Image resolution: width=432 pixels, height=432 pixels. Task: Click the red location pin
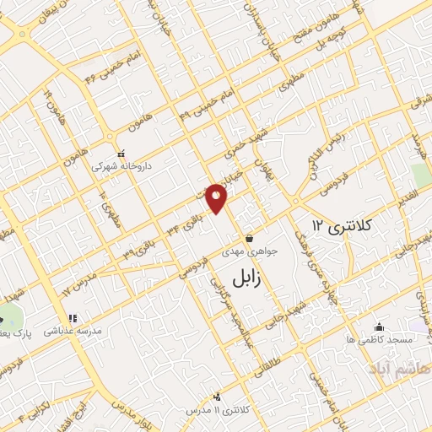(x=218, y=199)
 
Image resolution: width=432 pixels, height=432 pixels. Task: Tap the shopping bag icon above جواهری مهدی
(x=249, y=239)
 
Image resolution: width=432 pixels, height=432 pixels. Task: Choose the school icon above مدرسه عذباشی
(x=73, y=318)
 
